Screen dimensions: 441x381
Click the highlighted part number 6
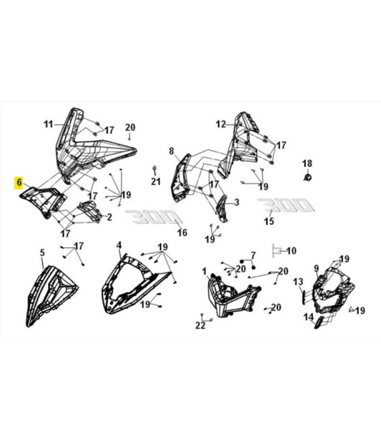tap(19, 182)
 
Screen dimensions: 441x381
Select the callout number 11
tap(47, 124)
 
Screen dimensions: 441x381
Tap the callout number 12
tap(221, 124)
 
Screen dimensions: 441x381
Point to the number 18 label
tap(307, 164)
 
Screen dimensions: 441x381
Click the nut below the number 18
tap(307, 177)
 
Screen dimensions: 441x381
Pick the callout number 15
tap(269, 221)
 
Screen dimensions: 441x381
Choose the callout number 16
tap(182, 233)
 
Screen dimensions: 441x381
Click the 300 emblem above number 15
tap(284, 204)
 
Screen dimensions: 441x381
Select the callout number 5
tap(42, 253)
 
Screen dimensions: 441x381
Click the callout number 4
tap(119, 245)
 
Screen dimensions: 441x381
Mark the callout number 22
tap(200, 325)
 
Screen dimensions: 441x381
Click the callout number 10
tap(291, 251)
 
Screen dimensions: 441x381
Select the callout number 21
tap(156, 182)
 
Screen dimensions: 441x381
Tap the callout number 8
tap(171, 150)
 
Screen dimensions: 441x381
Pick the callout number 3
tap(235, 202)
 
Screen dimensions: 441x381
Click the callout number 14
tap(308, 317)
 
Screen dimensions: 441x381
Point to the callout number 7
tap(253, 255)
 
